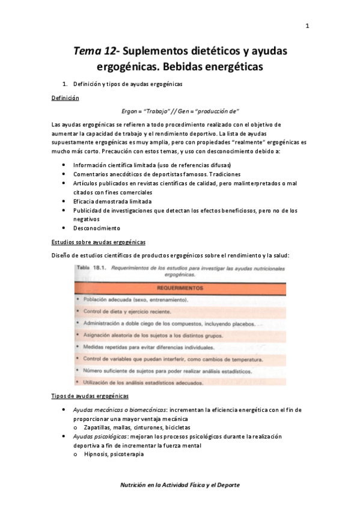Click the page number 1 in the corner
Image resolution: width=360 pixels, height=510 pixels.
[307, 26]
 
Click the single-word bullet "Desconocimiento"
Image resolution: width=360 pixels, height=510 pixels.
[97, 229]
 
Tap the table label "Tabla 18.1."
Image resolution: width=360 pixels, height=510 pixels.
[91, 266]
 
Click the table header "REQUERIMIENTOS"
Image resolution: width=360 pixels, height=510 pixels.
[180, 287]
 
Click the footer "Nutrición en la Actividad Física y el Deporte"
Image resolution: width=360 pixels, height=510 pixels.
[180, 484]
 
